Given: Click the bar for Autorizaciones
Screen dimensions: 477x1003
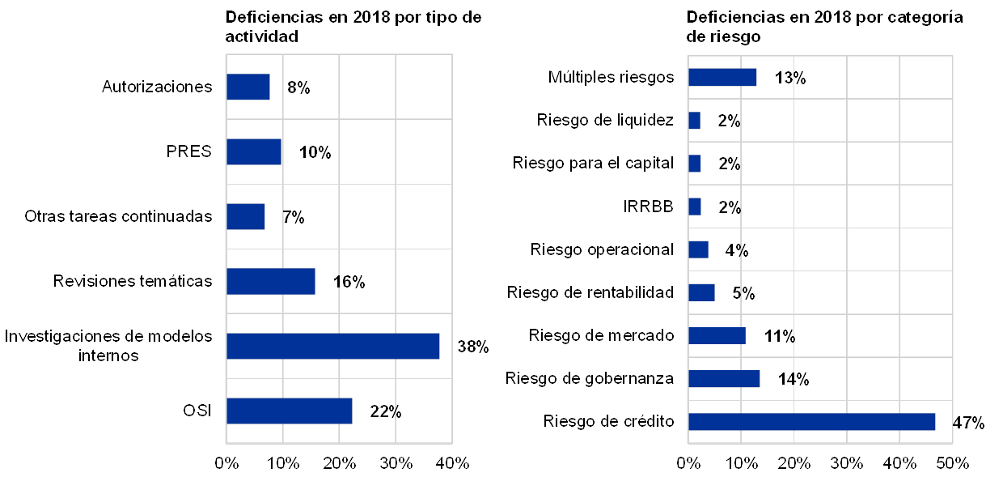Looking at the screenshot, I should point(248,87).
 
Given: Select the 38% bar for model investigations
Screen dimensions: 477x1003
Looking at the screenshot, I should point(332,346).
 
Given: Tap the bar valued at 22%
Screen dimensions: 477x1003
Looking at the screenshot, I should point(289,411).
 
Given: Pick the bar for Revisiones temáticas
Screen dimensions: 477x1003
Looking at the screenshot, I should point(270,281).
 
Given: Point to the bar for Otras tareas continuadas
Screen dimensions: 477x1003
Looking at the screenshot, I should point(245,216).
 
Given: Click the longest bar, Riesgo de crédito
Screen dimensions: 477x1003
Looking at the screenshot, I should point(811,421).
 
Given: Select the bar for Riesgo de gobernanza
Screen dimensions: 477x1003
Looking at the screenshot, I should point(723,378).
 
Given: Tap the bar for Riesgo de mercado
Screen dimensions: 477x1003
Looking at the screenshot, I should point(716,335).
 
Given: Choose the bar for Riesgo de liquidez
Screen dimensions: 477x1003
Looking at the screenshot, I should point(694,121).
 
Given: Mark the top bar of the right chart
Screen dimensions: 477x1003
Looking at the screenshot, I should point(722,77).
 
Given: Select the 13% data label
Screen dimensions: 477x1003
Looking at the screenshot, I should point(789,78).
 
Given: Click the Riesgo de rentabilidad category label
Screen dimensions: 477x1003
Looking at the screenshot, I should point(592,292).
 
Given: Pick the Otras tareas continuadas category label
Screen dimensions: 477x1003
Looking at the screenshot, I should point(118,216).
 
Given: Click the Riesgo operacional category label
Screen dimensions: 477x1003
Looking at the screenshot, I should point(603,249).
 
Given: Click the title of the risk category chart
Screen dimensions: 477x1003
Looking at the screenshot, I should point(825,27).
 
